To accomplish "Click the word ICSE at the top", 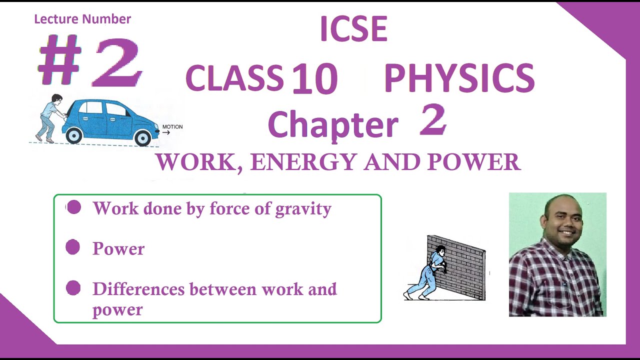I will (353, 29).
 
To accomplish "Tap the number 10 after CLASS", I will (314, 78).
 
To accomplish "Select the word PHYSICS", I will (459, 78).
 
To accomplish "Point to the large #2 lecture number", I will (90, 62).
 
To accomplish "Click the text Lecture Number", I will (82, 19).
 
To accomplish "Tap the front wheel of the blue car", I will (143, 137).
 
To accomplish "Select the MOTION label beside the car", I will (172, 127).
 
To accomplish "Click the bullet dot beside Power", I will (73, 247).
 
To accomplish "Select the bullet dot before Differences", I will (73, 288).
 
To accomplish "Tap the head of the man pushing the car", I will (57, 99).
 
